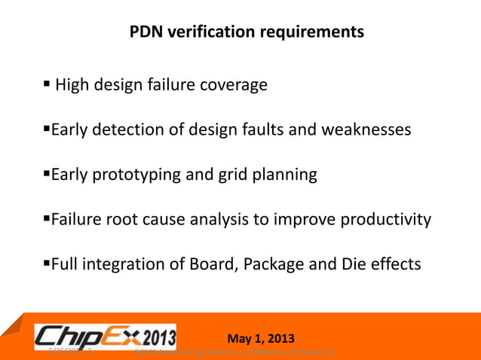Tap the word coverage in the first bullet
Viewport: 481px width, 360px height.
233,85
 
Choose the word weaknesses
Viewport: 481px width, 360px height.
366,130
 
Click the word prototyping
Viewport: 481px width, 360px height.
139,175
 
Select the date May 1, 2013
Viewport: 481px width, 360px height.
261,337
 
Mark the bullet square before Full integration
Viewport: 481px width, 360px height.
45,264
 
